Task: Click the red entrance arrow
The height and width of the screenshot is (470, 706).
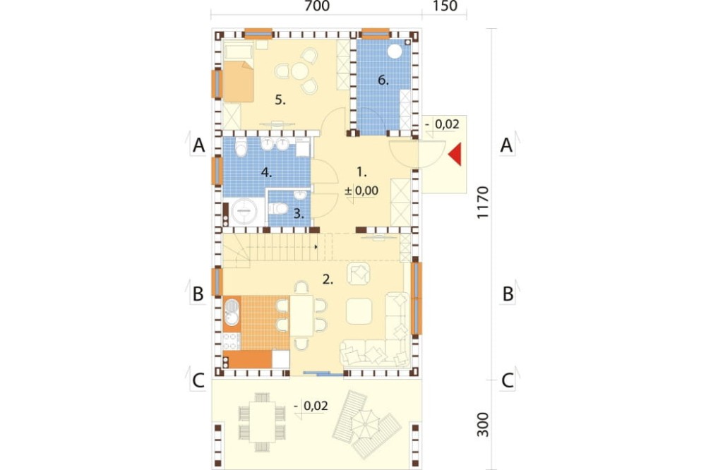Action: tap(455, 154)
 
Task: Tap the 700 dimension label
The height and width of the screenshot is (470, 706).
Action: tap(317, 6)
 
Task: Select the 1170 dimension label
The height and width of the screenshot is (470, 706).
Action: tap(482, 202)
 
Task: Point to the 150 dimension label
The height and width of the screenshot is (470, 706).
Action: tap(445, 6)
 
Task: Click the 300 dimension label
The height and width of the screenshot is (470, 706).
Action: tap(483, 424)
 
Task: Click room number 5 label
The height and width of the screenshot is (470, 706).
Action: tap(280, 100)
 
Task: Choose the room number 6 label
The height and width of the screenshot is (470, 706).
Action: tap(383, 80)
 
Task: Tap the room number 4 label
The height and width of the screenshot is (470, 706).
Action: tap(267, 172)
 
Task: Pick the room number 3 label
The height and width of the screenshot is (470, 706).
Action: tap(299, 213)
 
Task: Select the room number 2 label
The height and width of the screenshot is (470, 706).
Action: tap(328, 279)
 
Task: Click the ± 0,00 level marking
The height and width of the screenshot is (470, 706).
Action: tap(361, 191)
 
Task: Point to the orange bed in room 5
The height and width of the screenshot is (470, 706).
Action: tap(238, 81)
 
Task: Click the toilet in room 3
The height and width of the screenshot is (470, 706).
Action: tap(278, 209)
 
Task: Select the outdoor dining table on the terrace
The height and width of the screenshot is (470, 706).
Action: tap(262, 422)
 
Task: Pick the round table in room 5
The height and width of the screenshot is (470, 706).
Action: tap(299, 71)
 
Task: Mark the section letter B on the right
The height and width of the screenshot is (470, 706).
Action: tap(508, 294)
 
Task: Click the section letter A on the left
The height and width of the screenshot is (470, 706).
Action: tap(198, 145)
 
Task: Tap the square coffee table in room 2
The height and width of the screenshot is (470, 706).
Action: tap(359, 311)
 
